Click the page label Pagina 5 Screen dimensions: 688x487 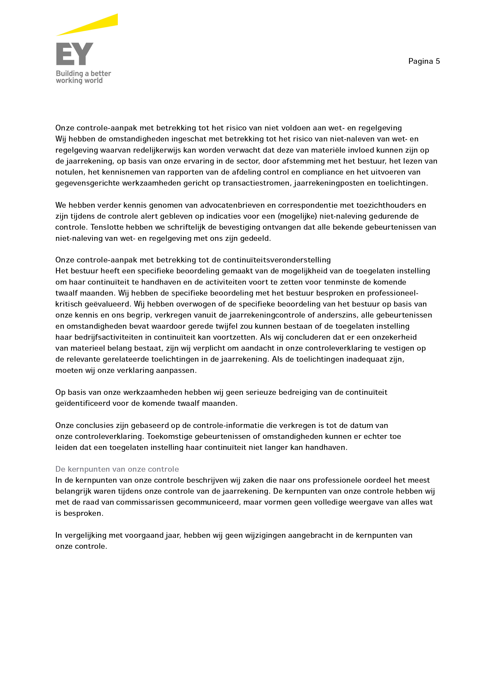click(424, 61)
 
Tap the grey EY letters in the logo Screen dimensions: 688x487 click(75, 54)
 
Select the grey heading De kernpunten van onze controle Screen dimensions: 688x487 click(117, 469)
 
